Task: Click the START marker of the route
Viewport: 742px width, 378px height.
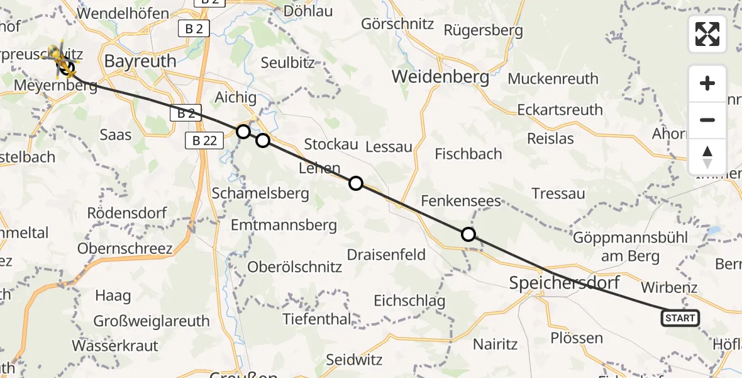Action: [680, 318]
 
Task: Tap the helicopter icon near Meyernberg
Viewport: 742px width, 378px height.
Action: [58, 57]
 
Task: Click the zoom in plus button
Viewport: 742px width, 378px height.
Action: [707, 84]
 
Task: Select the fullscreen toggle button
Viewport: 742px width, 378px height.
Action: [707, 34]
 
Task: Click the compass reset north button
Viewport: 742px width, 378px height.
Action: [707, 156]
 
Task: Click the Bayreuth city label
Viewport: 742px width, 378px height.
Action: [140, 61]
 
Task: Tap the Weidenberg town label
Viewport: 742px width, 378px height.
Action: [440, 77]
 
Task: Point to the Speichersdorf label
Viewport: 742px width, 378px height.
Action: [564, 283]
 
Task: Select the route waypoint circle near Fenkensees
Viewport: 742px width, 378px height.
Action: [468, 234]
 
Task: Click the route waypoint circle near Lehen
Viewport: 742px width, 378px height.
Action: [356, 183]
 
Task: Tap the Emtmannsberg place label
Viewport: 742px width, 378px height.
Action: [284, 225]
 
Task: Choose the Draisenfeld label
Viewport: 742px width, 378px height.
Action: [387, 255]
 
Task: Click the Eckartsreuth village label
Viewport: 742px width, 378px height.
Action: [560, 110]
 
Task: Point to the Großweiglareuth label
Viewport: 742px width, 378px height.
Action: [152, 321]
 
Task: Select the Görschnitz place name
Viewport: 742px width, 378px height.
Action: [397, 24]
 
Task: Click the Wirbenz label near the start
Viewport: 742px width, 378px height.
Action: [669, 287]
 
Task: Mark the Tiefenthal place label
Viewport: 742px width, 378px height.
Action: [317, 319]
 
